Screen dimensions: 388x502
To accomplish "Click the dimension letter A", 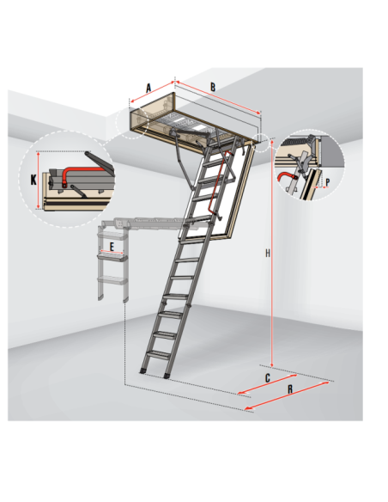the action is pyautogui.click(x=149, y=88).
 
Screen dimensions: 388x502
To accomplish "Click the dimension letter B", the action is pyautogui.click(x=213, y=87).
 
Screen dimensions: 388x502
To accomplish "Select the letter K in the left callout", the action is pyautogui.click(x=33, y=180).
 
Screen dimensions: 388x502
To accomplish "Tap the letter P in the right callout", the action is pyautogui.click(x=327, y=182).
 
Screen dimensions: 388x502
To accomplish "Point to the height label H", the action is pyautogui.click(x=268, y=254).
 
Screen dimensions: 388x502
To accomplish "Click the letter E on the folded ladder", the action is pyautogui.click(x=112, y=247).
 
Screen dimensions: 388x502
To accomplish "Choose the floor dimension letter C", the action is pyautogui.click(x=268, y=378).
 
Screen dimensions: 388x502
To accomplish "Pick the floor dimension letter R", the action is pyautogui.click(x=290, y=389).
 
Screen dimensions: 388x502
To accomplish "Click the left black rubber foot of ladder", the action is pyautogui.click(x=142, y=371).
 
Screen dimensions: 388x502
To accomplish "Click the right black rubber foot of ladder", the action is pyautogui.click(x=167, y=376).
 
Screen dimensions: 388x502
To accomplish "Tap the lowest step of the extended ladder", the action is pyautogui.click(x=159, y=354).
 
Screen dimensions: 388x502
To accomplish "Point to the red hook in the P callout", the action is pyautogui.click(x=284, y=175).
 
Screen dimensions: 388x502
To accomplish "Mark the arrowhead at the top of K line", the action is pyautogui.click(x=39, y=155).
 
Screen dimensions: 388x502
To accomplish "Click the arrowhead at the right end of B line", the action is pyautogui.click(x=258, y=113).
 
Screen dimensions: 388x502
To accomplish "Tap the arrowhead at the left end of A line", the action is pyautogui.click(x=132, y=101).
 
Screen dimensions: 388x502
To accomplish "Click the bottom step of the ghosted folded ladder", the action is pyautogui.click(x=112, y=281).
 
